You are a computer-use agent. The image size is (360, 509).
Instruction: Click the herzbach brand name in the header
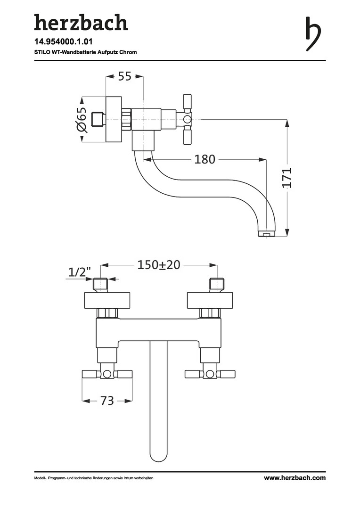pos(81,23)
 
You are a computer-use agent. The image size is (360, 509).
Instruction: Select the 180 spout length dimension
pos(205,159)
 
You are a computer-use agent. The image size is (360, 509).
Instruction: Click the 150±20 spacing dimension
pos(159,265)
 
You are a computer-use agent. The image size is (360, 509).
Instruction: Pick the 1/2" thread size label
pos(80,272)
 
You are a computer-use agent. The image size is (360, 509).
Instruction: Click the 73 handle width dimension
pos(107,401)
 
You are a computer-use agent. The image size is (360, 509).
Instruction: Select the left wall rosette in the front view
pos(107,301)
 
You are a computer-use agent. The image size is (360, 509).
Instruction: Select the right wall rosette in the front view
pos(210,301)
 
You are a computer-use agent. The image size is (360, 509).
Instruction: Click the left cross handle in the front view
pos(107,374)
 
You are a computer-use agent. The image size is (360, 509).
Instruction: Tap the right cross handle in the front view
pos(210,374)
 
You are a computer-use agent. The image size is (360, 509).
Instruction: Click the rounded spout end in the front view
pos(159,455)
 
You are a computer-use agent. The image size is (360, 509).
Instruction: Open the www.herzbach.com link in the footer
pos(295,478)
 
